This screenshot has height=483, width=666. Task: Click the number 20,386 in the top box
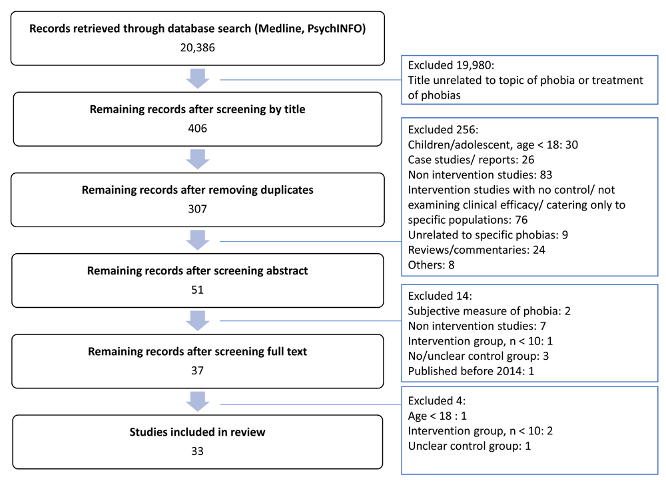[198, 47]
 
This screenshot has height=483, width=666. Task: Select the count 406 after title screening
[198, 129]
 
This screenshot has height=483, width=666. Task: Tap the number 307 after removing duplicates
[198, 209]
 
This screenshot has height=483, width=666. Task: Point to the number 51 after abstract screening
[198, 290]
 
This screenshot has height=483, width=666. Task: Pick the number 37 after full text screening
[198, 370]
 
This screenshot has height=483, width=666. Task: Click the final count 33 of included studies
[198, 451]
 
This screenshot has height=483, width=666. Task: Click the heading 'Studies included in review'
[198, 432]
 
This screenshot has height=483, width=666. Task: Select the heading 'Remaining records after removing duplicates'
[198, 190]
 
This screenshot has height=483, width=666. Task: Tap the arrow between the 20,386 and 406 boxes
[198, 79]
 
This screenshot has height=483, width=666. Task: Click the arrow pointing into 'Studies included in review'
[198, 402]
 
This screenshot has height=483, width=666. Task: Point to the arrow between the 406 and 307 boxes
[198, 159]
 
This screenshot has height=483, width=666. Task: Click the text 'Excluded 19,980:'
[451, 65]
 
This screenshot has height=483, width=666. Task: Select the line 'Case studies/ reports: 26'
[471, 160]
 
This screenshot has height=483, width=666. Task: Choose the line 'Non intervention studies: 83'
[480, 175]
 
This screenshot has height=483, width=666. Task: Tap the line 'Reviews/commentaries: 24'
[477, 250]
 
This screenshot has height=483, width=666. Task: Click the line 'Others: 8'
[431, 265]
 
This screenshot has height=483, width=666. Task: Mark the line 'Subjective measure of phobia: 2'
[490, 311]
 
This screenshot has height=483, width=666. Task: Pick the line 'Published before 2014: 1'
[471, 371]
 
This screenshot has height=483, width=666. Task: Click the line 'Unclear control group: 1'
[470, 446]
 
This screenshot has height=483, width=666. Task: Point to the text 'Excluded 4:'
[437, 401]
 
